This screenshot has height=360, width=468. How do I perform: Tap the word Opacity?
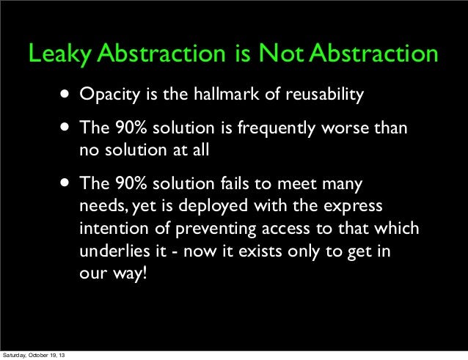click(109, 95)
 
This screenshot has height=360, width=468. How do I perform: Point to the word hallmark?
click(227, 94)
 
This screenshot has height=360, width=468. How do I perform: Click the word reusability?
click(325, 95)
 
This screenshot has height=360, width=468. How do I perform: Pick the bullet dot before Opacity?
click(65, 95)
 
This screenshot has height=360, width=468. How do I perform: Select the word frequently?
click(277, 128)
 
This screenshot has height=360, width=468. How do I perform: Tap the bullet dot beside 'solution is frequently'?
click(65, 128)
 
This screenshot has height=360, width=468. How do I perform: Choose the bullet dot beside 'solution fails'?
click(65, 183)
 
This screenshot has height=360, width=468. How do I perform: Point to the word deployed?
click(213, 207)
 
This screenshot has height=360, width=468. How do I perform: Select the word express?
click(353, 207)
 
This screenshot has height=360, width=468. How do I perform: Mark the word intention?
click(114, 229)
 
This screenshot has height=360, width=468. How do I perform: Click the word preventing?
click(216, 229)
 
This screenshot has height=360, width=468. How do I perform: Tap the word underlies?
click(114, 251)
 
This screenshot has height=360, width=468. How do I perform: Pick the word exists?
click(260, 251)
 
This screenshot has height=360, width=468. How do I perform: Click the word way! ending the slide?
click(130, 273)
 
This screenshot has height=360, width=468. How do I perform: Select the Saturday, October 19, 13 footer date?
click(34, 355)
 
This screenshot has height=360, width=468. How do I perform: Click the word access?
click(286, 229)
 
